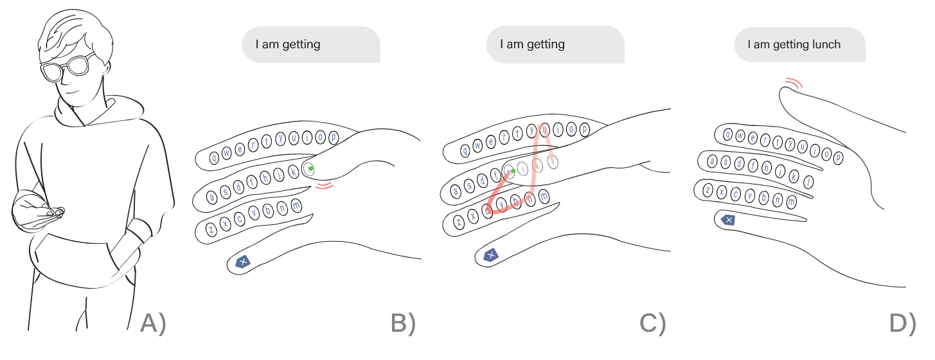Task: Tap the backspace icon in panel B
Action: pyautogui.click(x=243, y=262)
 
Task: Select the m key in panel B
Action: pyautogui.click(x=296, y=206)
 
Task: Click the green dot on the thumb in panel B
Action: pyautogui.click(x=311, y=169)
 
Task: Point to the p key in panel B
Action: pyautogui.click(x=334, y=137)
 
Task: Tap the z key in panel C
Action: pyautogui.click(x=459, y=222)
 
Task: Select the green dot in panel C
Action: pyautogui.click(x=513, y=171)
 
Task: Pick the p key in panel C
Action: pyautogui.click(x=584, y=129)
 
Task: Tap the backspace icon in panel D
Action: pyautogui.click(x=728, y=221)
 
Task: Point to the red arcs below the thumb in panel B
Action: pyautogui.click(x=326, y=186)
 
